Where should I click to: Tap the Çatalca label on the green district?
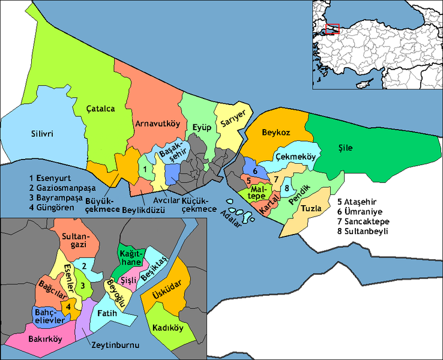point(100,109)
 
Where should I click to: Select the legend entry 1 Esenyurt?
point(50,179)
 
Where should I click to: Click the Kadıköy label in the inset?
point(168,328)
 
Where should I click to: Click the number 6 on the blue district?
point(255,170)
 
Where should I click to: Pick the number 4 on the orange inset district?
point(68,306)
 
